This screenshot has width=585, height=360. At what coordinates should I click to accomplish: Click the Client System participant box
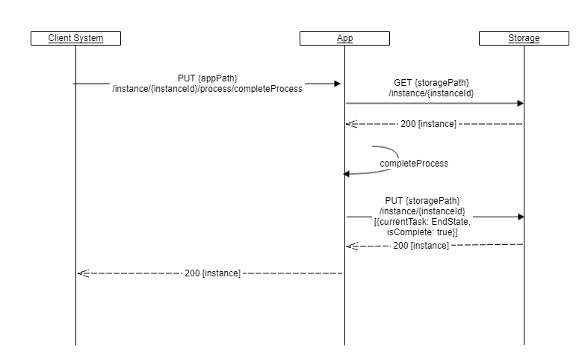pos(75,38)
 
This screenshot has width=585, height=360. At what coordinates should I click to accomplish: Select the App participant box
pos(344,38)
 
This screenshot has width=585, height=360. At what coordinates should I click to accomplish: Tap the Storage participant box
pos(524,38)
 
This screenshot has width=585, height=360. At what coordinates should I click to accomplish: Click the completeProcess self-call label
pos(414,163)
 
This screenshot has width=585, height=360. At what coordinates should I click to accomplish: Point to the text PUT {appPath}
pos(208,78)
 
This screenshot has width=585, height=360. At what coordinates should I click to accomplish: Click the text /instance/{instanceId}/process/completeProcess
pos(207,89)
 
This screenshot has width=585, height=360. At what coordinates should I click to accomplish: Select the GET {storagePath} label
pos(431,82)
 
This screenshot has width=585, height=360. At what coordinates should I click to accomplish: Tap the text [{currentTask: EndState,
pos(422,223)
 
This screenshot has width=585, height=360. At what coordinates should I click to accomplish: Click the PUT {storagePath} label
pos(422,201)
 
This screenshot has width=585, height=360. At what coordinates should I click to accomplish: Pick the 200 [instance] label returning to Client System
pos(212,273)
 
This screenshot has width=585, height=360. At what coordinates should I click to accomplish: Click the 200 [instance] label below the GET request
pos(428,123)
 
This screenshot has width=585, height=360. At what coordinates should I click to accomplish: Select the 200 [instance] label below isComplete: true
pos(421,245)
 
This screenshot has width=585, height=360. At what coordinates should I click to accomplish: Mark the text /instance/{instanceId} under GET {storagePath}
pos(431,93)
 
